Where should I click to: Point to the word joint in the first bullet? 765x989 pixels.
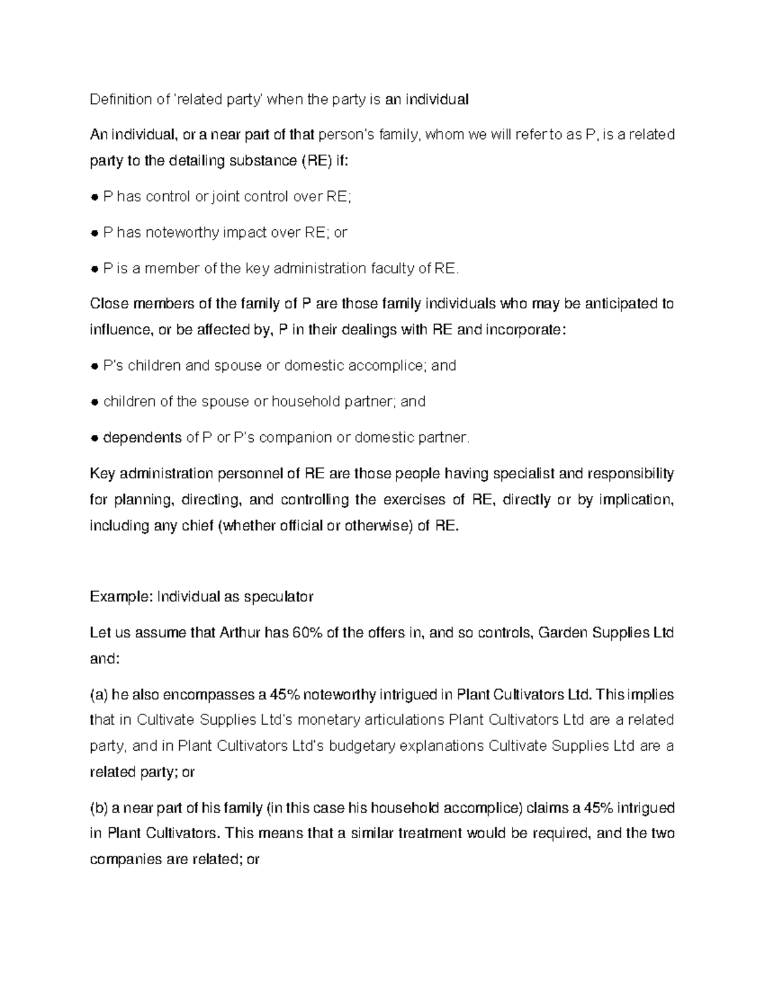[228, 197]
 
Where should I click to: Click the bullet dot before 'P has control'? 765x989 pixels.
[94, 197]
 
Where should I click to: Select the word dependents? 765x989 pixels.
[142, 438]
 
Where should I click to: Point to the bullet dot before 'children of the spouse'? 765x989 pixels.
[94, 402]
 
